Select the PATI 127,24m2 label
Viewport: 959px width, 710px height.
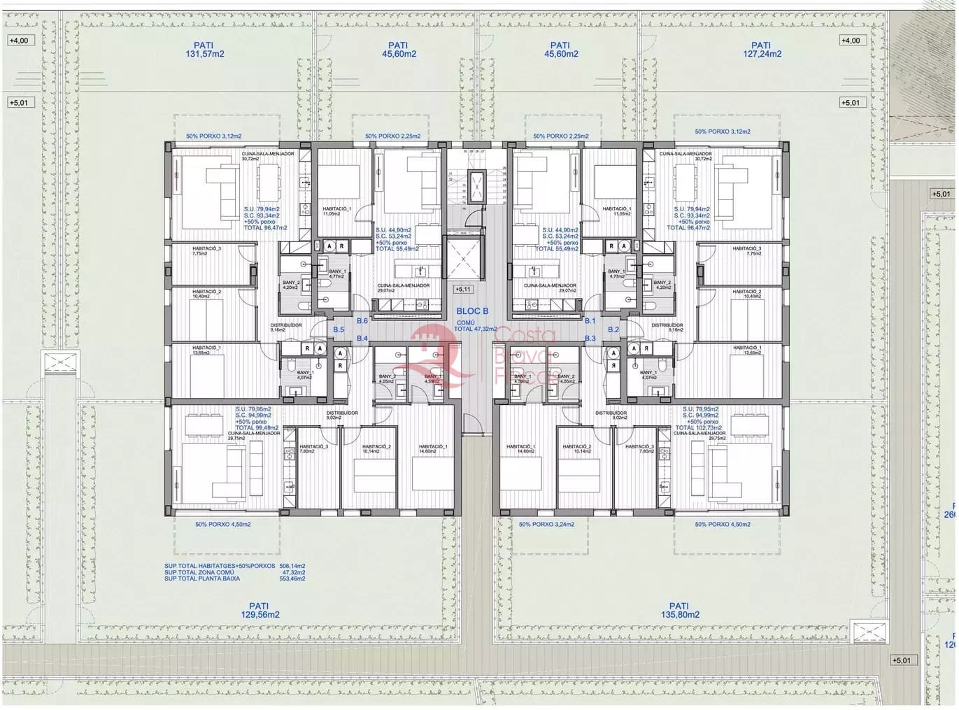point(761,49)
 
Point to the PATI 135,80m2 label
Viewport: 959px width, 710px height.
point(679,611)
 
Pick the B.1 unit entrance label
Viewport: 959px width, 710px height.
point(590,321)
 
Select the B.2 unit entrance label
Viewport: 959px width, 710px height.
point(613,329)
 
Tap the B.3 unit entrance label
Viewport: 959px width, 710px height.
point(590,339)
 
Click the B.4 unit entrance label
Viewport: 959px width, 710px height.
point(362,339)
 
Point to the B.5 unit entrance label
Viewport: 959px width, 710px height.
point(339,329)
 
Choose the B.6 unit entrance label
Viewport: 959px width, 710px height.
point(362,321)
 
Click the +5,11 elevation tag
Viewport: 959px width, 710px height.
point(463,289)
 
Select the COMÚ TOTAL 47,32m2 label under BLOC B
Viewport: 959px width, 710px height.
point(475,325)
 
